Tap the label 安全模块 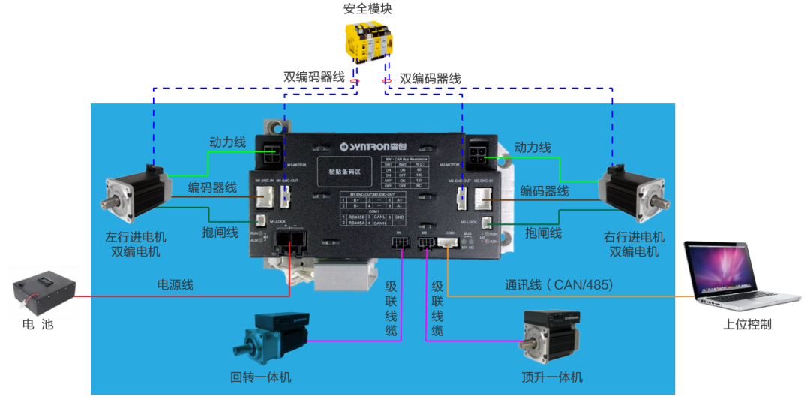367,9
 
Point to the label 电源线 175,285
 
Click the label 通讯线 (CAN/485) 558,285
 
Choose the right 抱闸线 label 544,233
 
